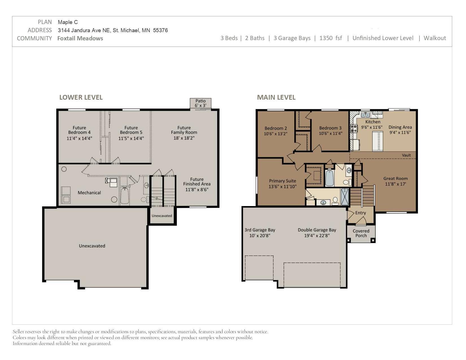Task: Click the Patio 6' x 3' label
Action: [x=200, y=103]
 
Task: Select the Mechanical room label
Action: [x=89, y=193]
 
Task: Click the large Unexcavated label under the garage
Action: [x=92, y=246]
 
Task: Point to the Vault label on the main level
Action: [x=406, y=155]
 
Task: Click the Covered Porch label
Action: [x=361, y=233]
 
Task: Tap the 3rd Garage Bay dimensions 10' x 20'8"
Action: [x=260, y=235]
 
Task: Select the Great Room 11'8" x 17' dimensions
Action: [x=395, y=184]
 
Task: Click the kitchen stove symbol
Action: [x=354, y=128]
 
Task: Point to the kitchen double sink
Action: [x=365, y=115]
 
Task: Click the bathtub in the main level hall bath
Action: [x=329, y=178]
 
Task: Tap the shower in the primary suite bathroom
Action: [x=345, y=197]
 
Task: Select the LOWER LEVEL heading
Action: [x=81, y=97]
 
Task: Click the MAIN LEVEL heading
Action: [x=276, y=97]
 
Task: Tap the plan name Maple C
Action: [x=68, y=22]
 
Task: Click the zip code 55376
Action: [x=160, y=30]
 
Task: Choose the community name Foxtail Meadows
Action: [x=80, y=38]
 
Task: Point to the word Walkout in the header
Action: [x=435, y=38]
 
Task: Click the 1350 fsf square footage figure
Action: [x=330, y=38]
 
